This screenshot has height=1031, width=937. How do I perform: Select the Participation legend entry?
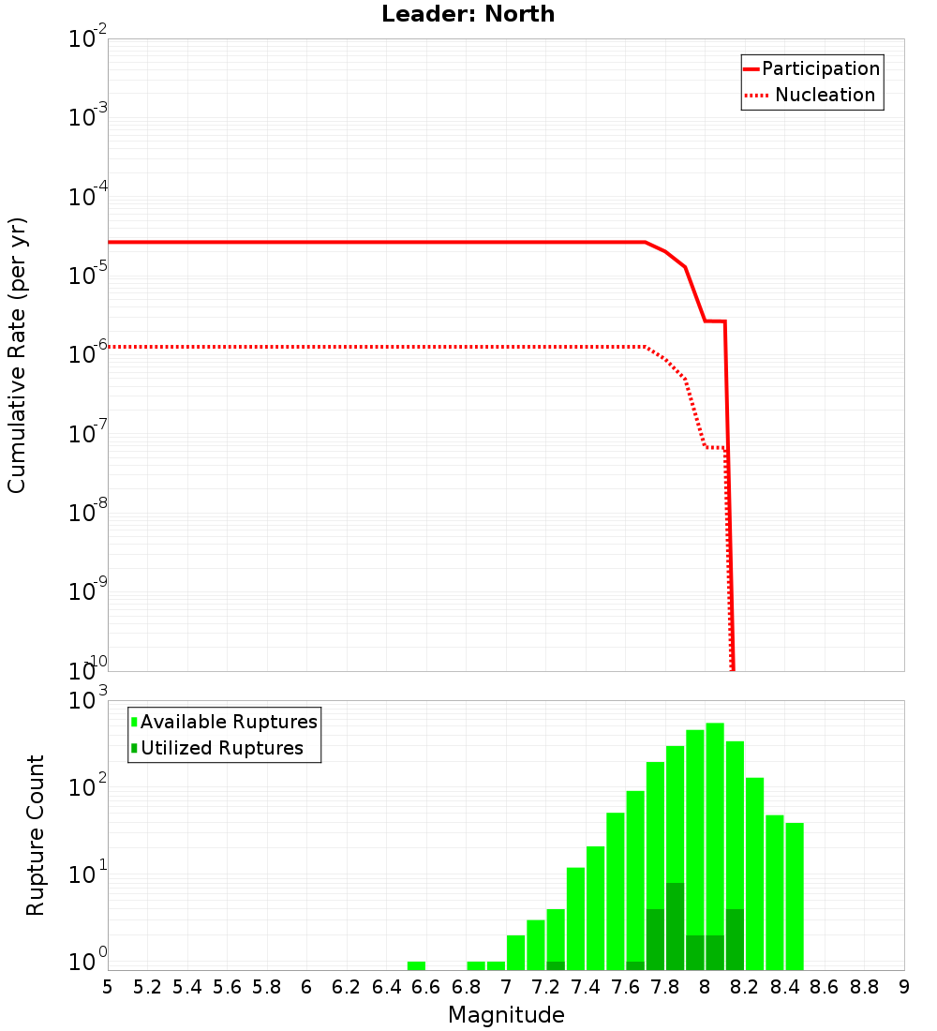(811, 68)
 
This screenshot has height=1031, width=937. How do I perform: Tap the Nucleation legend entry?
(811, 95)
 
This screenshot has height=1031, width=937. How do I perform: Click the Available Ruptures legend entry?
(224, 722)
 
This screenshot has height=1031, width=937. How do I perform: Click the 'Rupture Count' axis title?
(35, 835)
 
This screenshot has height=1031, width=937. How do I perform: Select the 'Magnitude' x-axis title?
(506, 1015)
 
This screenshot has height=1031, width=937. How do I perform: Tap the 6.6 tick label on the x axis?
(426, 987)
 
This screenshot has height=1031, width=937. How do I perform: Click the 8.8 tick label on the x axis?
(864, 987)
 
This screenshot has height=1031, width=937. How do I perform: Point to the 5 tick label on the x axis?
(108, 987)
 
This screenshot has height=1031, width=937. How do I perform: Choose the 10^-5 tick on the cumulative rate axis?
(88, 276)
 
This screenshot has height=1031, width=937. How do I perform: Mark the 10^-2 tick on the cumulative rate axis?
(88, 39)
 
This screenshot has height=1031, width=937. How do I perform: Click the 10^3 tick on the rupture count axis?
(88, 701)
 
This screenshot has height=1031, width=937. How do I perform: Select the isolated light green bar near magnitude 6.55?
(416, 965)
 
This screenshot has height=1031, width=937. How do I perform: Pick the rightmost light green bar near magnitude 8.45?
(795, 896)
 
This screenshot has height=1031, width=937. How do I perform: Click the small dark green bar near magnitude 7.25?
(556, 965)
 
